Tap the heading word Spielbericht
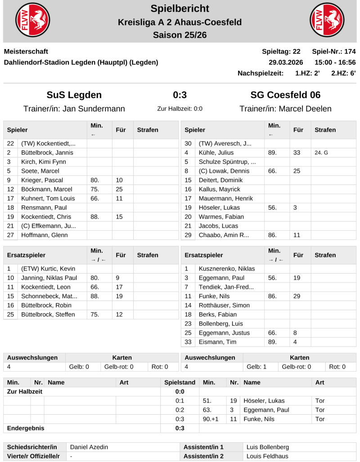coord(180,9)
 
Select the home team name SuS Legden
coord(74,95)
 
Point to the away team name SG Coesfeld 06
coord(285,95)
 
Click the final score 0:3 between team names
coord(180,95)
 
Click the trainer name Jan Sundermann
coord(94,109)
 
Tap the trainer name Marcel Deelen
coord(305,109)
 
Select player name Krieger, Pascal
coord(42,180)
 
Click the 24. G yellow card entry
coord(321,153)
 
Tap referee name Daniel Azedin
coord(89,447)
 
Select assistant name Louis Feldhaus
coord(268,456)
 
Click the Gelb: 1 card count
coord(256,367)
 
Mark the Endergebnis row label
coord(26,428)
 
